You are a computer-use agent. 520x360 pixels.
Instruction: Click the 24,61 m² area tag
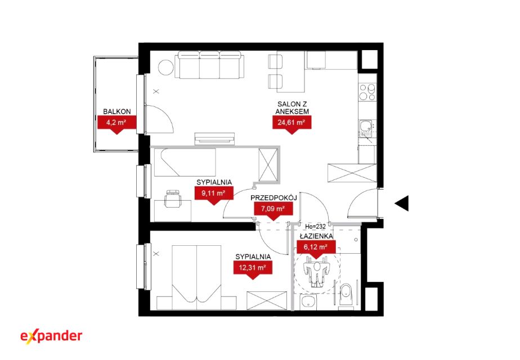coord(292,123)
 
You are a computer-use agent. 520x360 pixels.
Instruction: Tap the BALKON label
coord(116,112)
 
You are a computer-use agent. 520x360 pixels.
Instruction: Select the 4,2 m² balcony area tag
coord(116,123)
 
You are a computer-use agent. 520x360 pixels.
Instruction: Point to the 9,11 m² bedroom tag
coord(214,193)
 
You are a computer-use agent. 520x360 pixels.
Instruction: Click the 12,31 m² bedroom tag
coord(253,268)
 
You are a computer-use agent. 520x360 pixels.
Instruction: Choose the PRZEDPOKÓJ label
coord(274,198)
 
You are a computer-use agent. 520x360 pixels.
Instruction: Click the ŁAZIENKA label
coord(316,236)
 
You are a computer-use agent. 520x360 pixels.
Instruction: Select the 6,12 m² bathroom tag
coord(316,247)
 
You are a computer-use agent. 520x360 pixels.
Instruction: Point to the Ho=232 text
coord(315,227)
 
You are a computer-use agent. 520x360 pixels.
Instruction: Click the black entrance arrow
coord(402,203)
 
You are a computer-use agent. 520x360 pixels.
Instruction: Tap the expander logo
coord(51,336)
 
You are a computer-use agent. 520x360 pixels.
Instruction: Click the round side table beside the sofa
coord(166,67)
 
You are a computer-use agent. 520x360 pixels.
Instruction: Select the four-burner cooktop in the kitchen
coord(367,92)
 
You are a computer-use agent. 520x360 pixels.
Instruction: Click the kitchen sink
coord(367,127)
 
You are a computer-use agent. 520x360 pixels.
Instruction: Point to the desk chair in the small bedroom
coord(173,199)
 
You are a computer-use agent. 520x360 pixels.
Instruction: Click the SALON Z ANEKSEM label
coord(292,108)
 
